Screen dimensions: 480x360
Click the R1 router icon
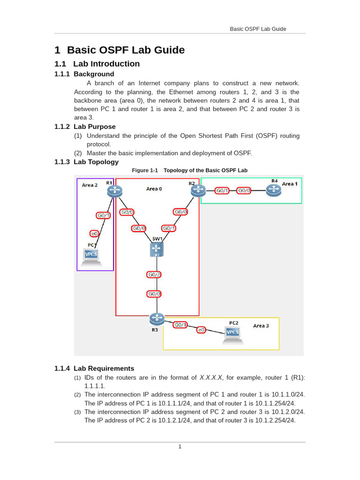[x=114, y=190]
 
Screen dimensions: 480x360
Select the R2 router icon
[x=198, y=190]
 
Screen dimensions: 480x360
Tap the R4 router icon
[x=273, y=190]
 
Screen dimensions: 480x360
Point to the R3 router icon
[x=157, y=319]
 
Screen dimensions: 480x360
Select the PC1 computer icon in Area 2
[x=91, y=256]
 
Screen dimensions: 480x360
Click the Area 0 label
[x=154, y=189]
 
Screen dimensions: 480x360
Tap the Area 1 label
[x=290, y=184]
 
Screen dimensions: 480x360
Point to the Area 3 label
[x=261, y=325]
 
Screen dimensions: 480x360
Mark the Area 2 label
[x=90, y=185]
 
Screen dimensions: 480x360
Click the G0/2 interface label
[x=154, y=275]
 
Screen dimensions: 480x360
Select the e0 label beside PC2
[x=201, y=330]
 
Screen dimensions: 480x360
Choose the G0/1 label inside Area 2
[x=103, y=216]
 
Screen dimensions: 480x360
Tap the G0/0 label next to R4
[x=244, y=190]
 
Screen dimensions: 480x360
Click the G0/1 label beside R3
[x=180, y=324]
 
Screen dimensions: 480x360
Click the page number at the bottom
[x=180, y=447]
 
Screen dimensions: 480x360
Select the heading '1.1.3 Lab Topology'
[x=86, y=162]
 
